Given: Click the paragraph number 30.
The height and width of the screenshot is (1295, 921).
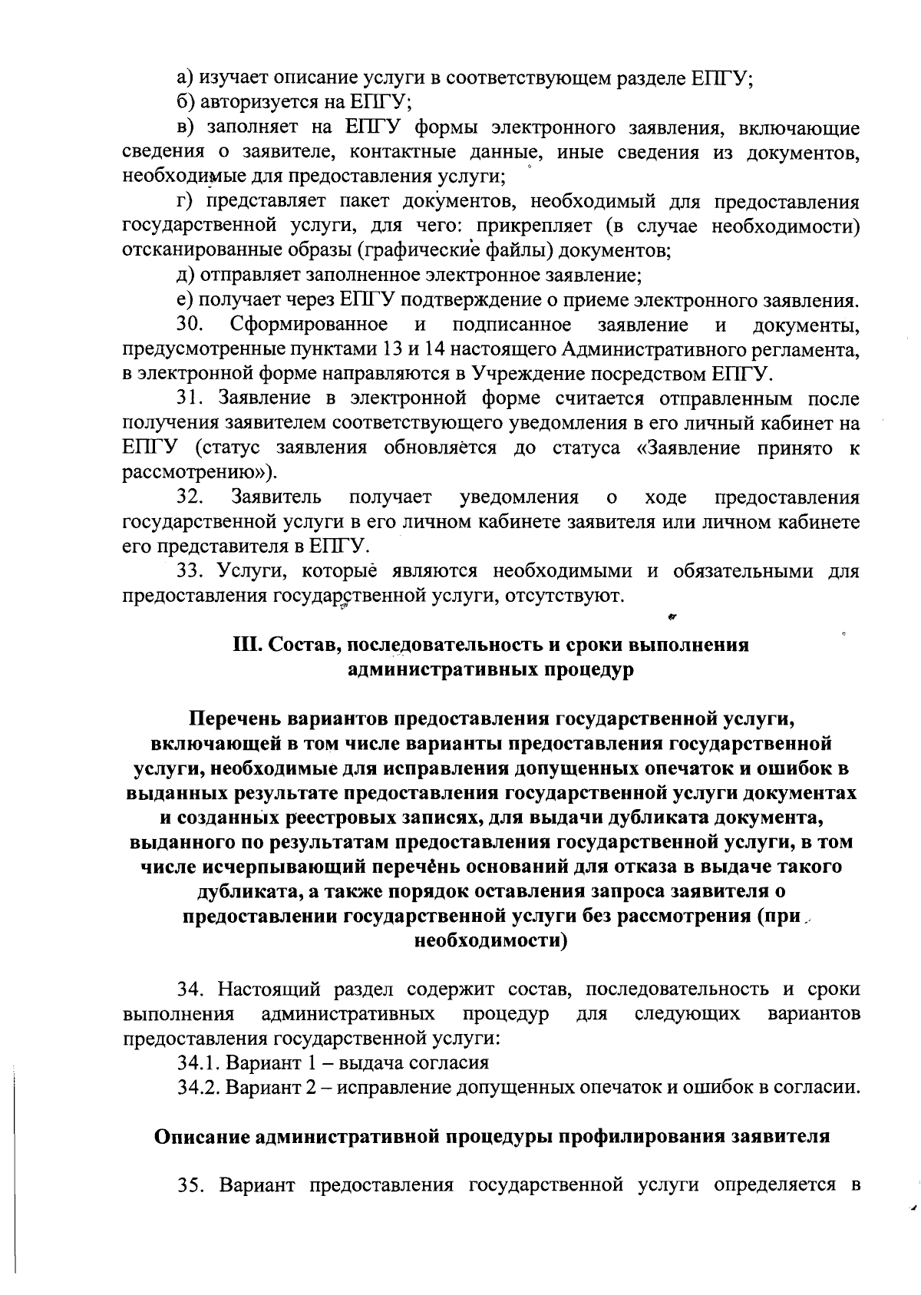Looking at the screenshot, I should coord(189,325).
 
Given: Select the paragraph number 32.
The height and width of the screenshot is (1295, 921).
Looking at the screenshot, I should coord(189,497).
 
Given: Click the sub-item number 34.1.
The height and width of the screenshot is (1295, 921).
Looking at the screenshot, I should coord(197,1063).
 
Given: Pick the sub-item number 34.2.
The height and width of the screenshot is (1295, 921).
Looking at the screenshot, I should coord(197,1088).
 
